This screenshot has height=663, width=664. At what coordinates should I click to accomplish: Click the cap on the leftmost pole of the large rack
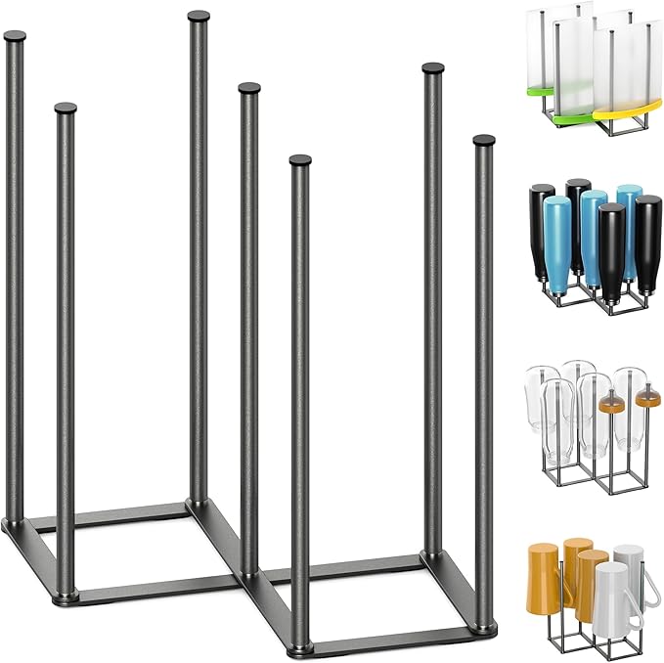[15, 37]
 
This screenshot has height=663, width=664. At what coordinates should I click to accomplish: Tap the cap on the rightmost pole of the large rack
[484, 141]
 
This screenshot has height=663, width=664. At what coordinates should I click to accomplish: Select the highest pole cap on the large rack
[199, 17]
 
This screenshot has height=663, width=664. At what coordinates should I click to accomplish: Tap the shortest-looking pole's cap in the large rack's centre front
[300, 159]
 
